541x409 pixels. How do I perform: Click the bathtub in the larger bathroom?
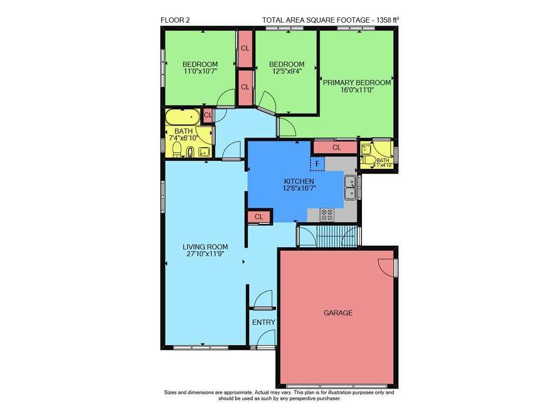[182, 117]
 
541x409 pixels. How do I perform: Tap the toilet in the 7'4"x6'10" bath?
[177, 149]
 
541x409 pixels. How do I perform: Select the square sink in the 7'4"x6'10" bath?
[204, 152]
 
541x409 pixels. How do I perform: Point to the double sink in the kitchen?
[350, 187]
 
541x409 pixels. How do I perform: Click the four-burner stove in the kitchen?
[327, 215]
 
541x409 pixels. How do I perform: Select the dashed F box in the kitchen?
[318, 164]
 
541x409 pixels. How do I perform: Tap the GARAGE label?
[338, 313]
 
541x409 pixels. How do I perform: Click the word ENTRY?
[263, 322]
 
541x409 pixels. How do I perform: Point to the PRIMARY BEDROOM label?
[357, 83]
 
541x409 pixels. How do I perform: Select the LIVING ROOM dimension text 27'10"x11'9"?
[205, 254]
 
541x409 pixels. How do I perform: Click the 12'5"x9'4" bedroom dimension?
[287, 71]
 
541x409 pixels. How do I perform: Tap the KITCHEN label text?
[299, 181]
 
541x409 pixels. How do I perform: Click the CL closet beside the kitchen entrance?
[259, 217]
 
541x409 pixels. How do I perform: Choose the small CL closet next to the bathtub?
[208, 115]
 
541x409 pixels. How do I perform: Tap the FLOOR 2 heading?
[175, 20]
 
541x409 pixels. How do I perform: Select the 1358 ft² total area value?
[387, 20]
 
